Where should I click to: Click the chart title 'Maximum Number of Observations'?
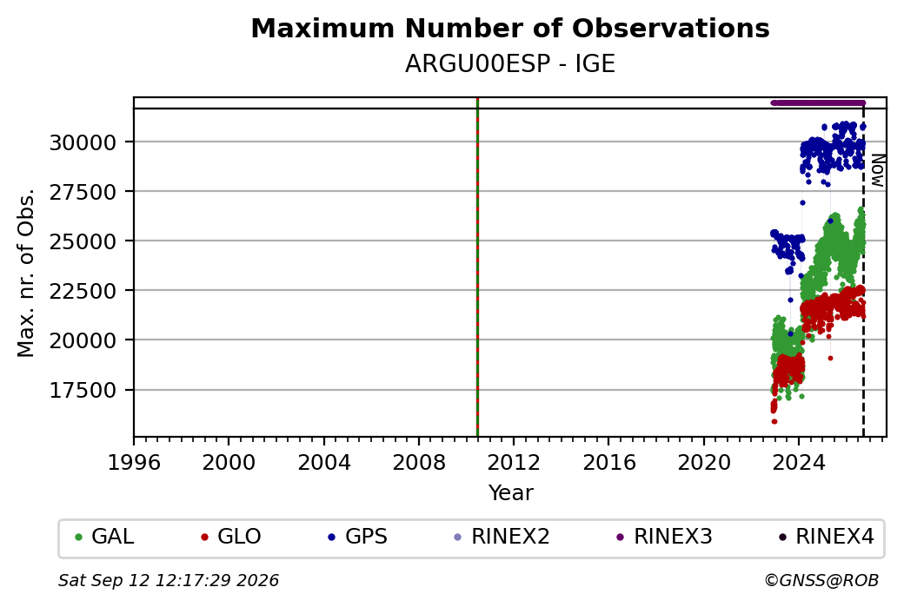[510, 28]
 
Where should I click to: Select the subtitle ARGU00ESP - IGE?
[510, 64]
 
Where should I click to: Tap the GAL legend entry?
[104, 537]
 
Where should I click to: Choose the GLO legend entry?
[230, 537]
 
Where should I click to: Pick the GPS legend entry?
[357, 537]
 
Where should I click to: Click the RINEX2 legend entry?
[502, 537]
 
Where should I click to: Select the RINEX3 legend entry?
[664, 537]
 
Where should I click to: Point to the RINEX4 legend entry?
[826, 537]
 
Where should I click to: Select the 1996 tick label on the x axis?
[134, 463]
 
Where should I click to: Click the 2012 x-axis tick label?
[514, 463]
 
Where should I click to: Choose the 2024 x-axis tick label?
[799, 463]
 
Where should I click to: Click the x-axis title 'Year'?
[511, 493]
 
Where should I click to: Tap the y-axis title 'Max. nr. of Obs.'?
[26, 273]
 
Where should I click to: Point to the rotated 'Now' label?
[877, 170]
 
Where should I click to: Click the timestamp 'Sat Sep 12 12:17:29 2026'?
[169, 580]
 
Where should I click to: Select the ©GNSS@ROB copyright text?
[821, 580]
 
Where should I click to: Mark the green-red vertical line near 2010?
[477, 267]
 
